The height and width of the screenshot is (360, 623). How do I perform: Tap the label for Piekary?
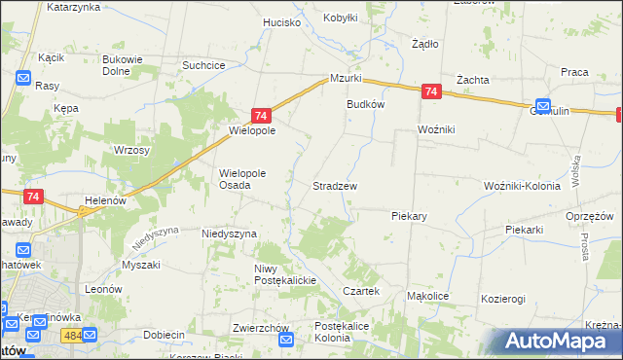[410, 216]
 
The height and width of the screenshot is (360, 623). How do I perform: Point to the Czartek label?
[360, 291]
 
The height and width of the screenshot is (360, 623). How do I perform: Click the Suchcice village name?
[204, 65]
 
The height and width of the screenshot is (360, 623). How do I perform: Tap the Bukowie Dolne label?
[123, 64]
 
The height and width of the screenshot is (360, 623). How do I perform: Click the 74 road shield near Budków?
[432, 92]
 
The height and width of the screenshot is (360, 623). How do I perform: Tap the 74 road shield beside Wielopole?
[261, 115]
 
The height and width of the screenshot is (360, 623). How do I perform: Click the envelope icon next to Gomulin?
[542, 107]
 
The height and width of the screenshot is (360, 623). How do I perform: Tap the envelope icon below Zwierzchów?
[286, 340]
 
